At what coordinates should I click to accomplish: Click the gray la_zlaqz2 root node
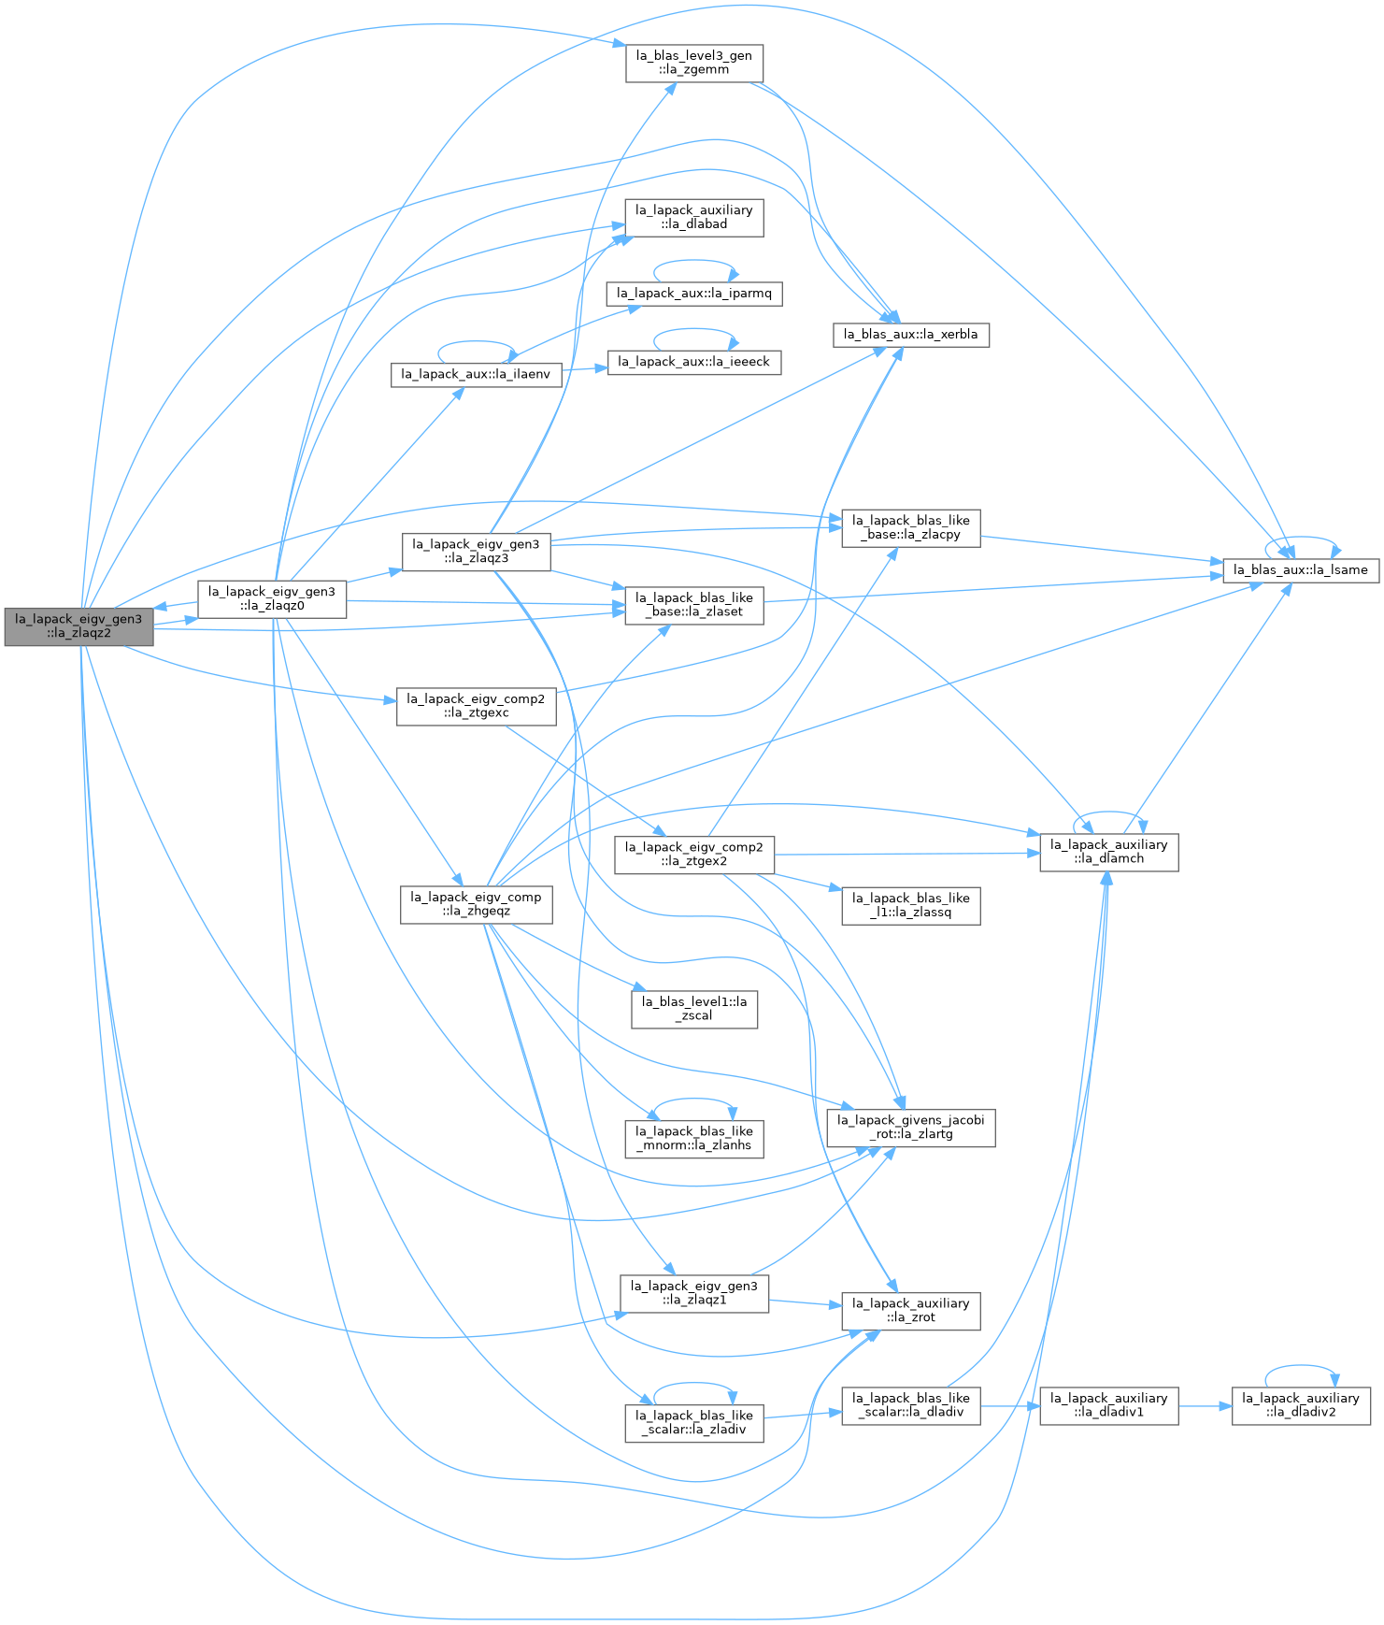click(78, 626)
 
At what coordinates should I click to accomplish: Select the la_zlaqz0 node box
click(272, 598)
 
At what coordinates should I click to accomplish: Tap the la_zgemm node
click(694, 63)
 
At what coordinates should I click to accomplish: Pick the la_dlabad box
click(694, 217)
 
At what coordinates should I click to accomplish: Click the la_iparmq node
click(694, 294)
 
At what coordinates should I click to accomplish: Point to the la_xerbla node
click(911, 335)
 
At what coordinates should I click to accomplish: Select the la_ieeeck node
click(694, 362)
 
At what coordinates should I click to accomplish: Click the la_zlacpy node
click(911, 528)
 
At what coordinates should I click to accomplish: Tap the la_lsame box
click(1301, 569)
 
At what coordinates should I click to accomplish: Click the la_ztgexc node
click(477, 706)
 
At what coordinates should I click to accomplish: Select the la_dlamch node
click(1109, 852)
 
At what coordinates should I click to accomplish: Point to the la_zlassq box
click(911, 906)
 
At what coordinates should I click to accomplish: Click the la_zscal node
click(694, 1009)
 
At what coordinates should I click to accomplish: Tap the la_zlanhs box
click(694, 1139)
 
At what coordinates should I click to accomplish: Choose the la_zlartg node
click(911, 1128)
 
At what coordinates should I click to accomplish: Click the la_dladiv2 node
click(1301, 1405)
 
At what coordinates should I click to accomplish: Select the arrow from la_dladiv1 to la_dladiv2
click(1205, 1405)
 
